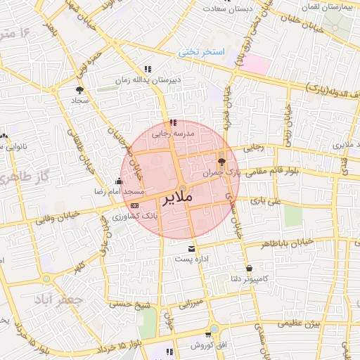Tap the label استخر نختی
(200, 52)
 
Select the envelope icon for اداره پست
(191, 249)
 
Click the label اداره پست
(191, 259)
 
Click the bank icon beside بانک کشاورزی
(135, 205)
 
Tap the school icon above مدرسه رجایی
(173, 122)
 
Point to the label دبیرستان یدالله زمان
(150, 80)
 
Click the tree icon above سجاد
(79, 90)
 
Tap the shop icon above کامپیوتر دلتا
(250, 268)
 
